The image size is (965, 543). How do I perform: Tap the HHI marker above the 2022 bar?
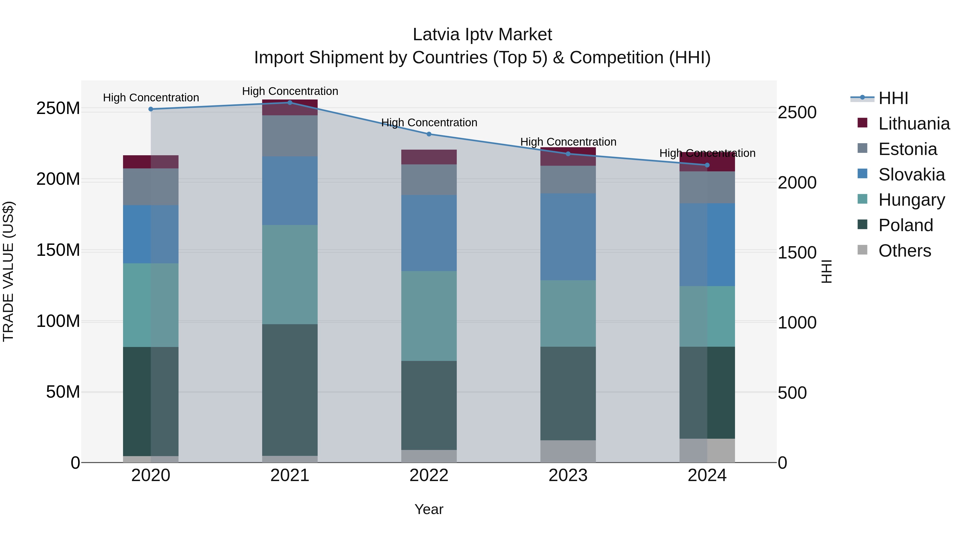click(x=429, y=134)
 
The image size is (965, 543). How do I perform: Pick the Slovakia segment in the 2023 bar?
click(x=568, y=237)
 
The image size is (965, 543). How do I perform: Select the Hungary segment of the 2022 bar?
click(x=429, y=316)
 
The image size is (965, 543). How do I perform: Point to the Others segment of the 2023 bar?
click(x=568, y=451)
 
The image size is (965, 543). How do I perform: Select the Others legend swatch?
click(x=862, y=250)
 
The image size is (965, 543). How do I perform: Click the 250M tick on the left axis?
click(x=58, y=108)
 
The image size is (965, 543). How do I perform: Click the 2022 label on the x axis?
click(x=429, y=475)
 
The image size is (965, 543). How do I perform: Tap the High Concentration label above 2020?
click(x=151, y=97)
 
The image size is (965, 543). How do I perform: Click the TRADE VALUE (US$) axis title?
click(x=8, y=271)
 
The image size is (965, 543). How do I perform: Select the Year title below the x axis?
click(x=429, y=509)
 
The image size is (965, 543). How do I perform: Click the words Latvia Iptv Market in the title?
click(x=482, y=35)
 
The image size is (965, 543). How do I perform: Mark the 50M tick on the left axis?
click(x=63, y=392)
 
